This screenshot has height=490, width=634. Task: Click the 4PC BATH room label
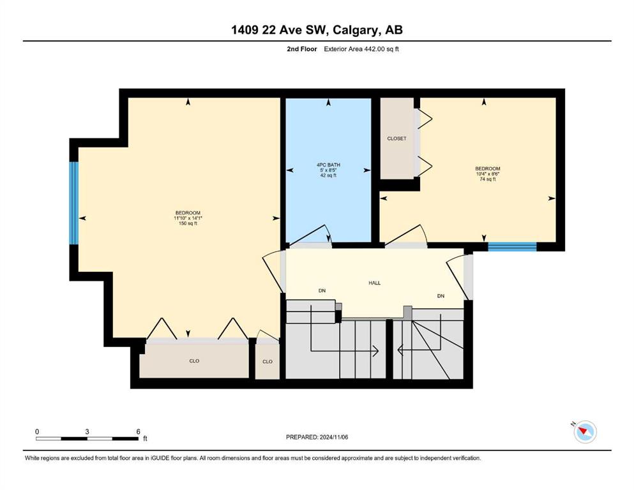click(x=328, y=165)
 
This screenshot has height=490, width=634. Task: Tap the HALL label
click(x=374, y=283)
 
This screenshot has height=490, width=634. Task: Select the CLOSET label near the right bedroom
click(x=396, y=138)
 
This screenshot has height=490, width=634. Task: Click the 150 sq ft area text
click(x=188, y=223)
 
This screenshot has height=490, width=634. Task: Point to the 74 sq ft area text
click(x=488, y=179)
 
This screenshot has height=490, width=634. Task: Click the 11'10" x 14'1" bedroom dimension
click(x=188, y=218)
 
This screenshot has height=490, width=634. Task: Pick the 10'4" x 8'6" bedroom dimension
click(x=488, y=174)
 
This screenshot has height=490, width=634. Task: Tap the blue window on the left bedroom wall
click(x=73, y=203)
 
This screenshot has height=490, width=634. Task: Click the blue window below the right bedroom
click(x=512, y=246)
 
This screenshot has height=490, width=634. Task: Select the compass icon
click(x=585, y=431)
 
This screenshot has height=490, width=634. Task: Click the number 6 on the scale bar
click(x=139, y=431)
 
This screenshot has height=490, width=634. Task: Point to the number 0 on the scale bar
click(x=37, y=431)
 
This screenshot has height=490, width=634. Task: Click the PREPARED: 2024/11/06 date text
click(x=317, y=437)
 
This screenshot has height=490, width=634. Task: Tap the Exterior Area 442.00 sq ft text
click(x=361, y=49)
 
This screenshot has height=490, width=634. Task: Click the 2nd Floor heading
click(x=302, y=49)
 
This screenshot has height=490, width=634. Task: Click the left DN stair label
click(x=322, y=290)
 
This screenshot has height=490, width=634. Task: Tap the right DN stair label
click(x=441, y=296)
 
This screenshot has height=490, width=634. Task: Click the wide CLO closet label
click(x=194, y=360)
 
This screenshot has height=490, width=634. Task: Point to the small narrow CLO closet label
click(x=268, y=362)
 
